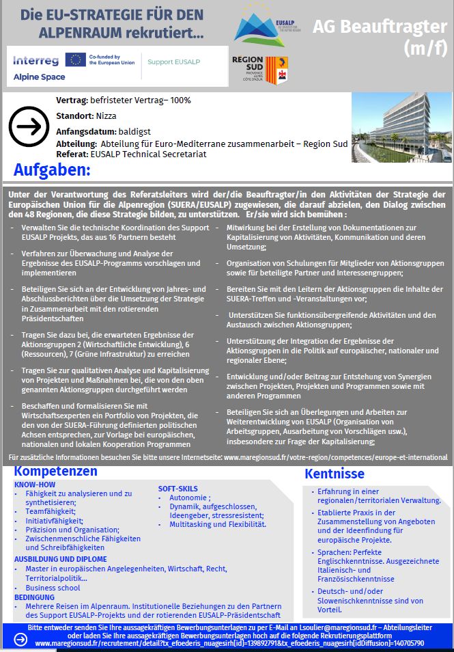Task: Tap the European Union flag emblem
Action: (x=76, y=60)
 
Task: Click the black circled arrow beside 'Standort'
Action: (x=28, y=127)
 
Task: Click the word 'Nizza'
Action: (x=107, y=116)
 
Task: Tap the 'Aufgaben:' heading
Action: (x=52, y=169)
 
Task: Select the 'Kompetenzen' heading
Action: (x=56, y=471)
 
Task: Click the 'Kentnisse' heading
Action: (x=335, y=474)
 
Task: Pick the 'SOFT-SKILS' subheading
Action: (x=178, y=489)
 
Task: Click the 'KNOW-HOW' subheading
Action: (x=35, y=485)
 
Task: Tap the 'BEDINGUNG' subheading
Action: (x=34, y=597)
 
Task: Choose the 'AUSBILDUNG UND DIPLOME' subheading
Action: (x=60, y=558)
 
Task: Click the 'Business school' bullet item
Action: (x=53, y=588)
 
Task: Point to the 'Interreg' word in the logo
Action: (x=36, y=60)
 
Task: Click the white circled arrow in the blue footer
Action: (x=21, y=639)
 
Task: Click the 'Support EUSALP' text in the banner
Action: (x=175, y=61)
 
